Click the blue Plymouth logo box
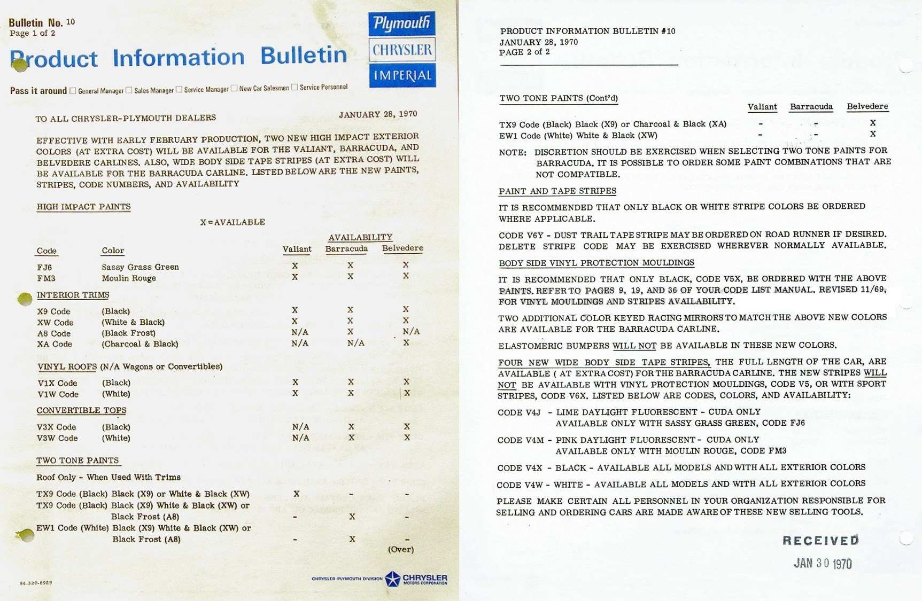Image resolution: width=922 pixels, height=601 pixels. [x=401, y=24]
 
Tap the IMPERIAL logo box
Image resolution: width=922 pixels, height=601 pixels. [x=402, y=75]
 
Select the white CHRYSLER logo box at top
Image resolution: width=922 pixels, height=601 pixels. [x=402, y=50]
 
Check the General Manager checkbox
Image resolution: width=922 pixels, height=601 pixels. [x=73, y=91]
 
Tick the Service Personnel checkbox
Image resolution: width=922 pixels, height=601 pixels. [x=295, y=87]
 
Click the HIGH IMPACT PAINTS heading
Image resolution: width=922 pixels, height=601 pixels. [x=83, y=207]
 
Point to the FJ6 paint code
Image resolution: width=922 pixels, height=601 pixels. [x=44, y=267]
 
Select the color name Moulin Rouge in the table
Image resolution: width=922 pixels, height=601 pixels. [x=129, y=278]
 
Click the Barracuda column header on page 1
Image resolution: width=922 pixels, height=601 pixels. [x=346, y=248]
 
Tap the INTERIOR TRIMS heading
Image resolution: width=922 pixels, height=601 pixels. [x=73, y=295]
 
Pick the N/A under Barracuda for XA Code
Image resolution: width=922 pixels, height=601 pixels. [x=355, y=343]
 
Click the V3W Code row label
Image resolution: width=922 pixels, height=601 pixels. [x=57, y=438]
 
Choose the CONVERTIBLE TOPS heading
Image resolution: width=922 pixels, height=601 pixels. [x=81, y=410]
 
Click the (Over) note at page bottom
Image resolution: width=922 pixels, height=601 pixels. [x=400, y=549]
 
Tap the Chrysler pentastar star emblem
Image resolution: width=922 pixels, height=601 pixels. [x=393, y=579]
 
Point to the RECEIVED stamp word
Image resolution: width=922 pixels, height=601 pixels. [x=820, y=541]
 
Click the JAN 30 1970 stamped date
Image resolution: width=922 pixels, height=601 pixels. [x=823, y=563]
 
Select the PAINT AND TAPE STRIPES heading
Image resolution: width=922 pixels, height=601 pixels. [x=557, y=191]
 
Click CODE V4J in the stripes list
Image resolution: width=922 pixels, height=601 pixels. [x=519, y=412]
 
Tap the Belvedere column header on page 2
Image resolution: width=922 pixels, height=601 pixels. [x=867, y=106]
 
